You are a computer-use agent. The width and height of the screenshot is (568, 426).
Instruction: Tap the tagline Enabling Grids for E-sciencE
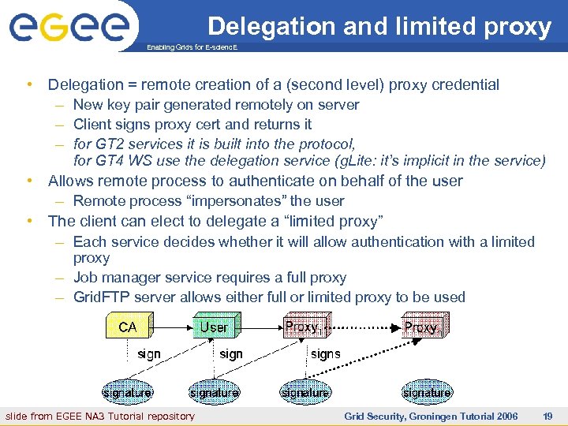click(192, 48)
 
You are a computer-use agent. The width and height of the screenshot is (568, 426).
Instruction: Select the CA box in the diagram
click(127, 327)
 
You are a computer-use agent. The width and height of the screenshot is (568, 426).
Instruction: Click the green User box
click(214, 327)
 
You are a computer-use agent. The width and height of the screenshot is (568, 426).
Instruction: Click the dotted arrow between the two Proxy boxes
click(363, 327)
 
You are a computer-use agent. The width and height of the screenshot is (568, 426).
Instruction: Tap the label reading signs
click(325, 354)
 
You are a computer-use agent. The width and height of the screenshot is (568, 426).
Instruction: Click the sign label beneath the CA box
click(149, 354)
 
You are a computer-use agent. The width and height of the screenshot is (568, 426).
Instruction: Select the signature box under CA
click(127, 392)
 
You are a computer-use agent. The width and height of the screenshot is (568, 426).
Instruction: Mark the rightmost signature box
click(427, 392)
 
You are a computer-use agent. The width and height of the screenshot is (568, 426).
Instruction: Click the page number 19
click(547, 416)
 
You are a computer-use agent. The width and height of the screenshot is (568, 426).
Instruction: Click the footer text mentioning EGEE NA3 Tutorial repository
click(100, 416)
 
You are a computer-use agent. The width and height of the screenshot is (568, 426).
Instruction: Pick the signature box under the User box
click(214, 392)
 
